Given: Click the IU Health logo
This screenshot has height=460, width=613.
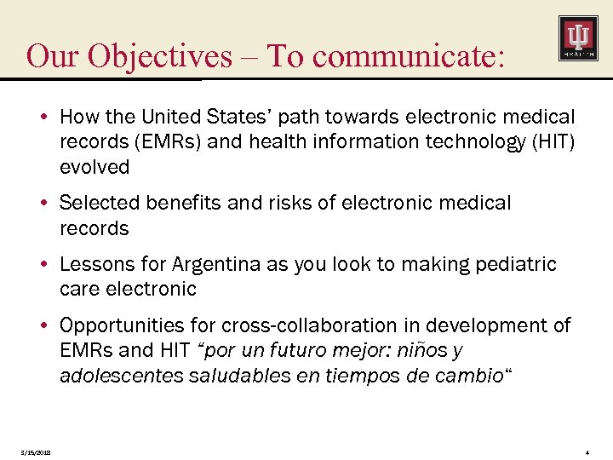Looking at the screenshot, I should (x=577, y=38).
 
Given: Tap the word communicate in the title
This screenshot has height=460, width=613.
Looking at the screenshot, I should (x=406, y=56).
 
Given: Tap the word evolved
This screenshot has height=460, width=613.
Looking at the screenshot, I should (x=95, y=167).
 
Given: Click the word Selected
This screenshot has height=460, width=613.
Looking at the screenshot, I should (x=100, y=203).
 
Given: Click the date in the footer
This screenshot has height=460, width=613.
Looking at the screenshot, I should (x=35, y=451).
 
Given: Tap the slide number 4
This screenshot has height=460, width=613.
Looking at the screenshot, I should (x=588, y=451).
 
